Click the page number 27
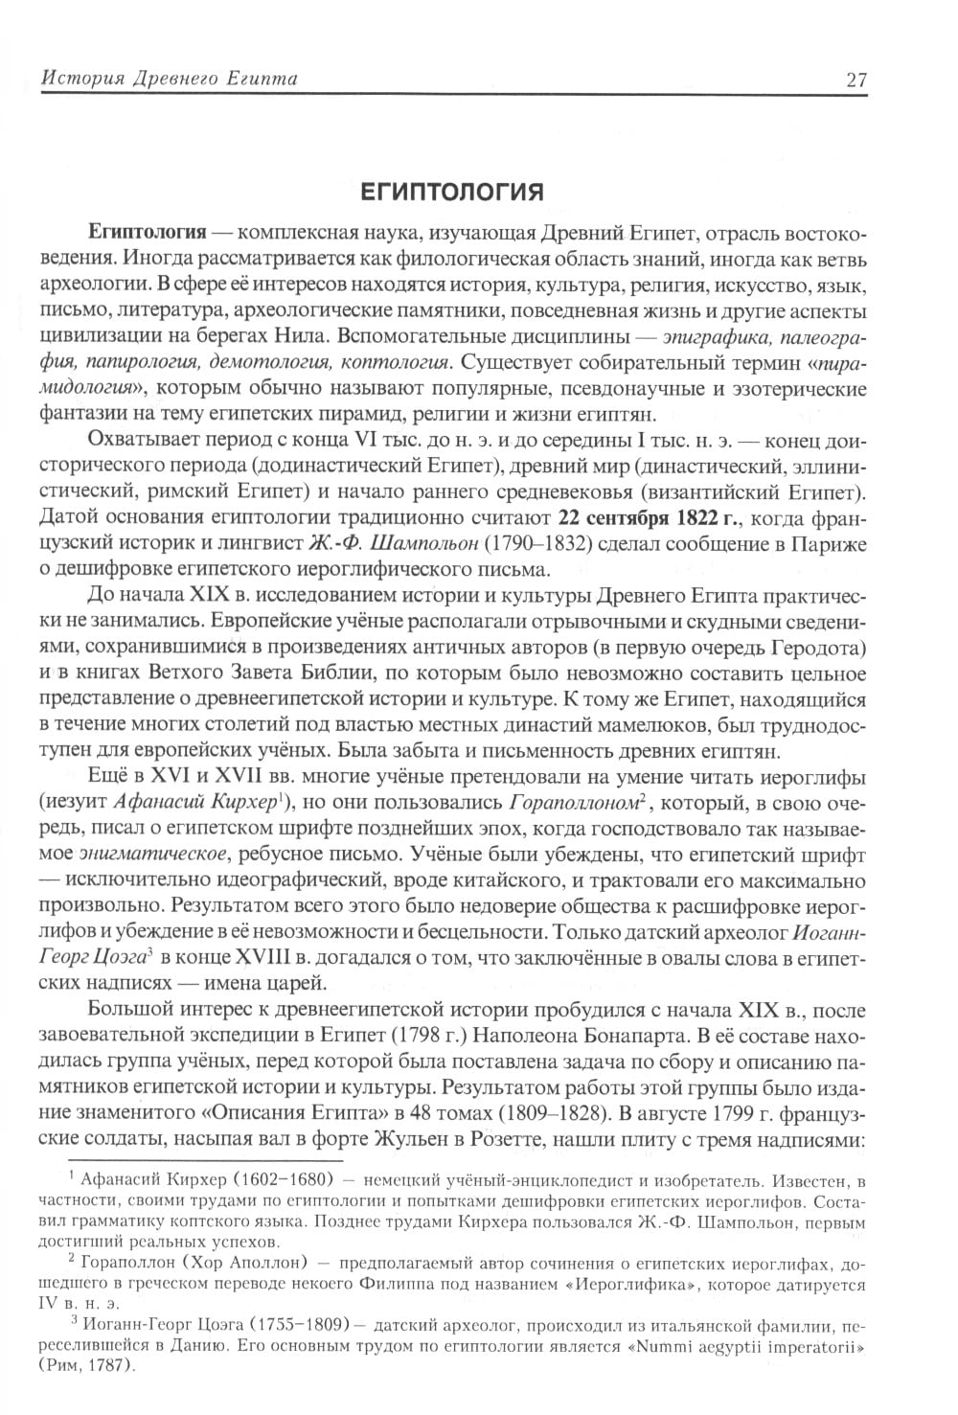(x=856, y=79)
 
